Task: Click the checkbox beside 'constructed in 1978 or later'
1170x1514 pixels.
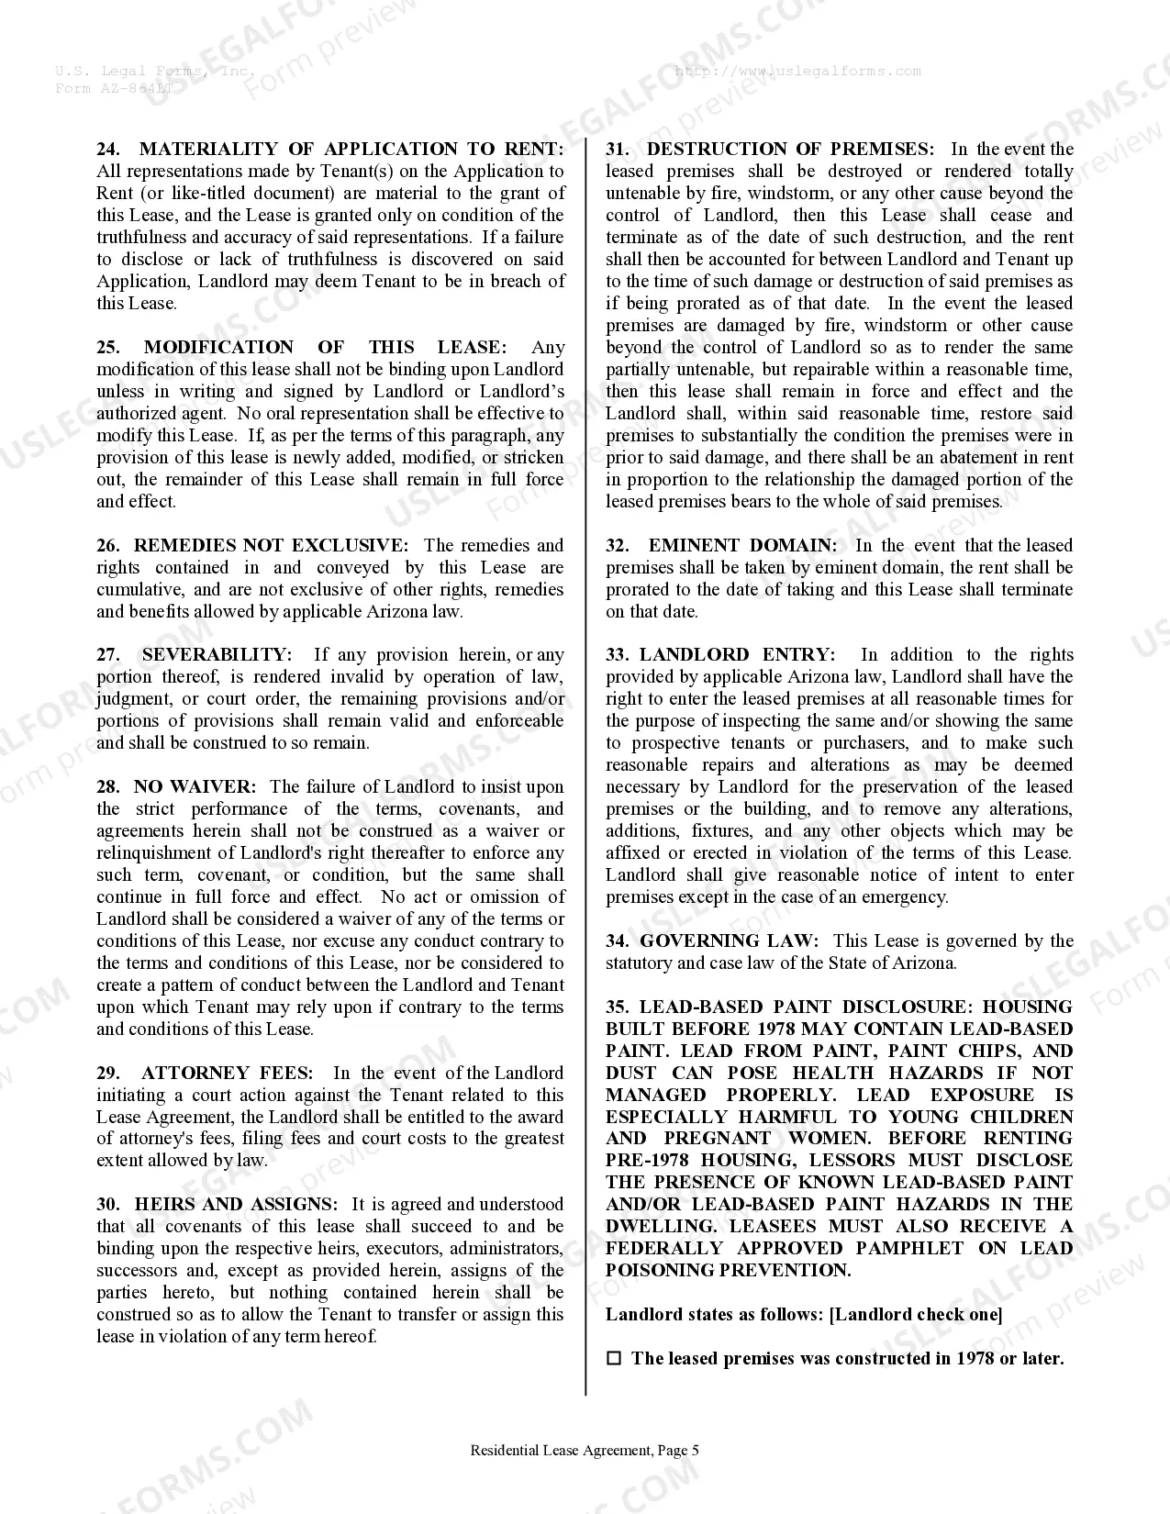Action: coord(614,1359)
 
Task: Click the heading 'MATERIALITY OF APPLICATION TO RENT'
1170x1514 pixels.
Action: coord(351,150)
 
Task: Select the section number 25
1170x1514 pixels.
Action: coord(108,348)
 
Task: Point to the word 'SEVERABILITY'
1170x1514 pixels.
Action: coord(217,655)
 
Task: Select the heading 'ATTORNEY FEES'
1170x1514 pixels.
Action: coord(227,1074)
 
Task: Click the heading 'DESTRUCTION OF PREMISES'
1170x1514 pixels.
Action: coord(790,150)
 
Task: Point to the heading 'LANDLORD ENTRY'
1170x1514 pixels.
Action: coord(737,655)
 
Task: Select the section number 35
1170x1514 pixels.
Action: coord(617,1007)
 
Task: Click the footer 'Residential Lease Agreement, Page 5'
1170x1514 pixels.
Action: coord(585,1451)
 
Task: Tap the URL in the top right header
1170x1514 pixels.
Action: coord(797,72)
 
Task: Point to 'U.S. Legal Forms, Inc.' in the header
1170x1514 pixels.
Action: coord(154,72)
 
